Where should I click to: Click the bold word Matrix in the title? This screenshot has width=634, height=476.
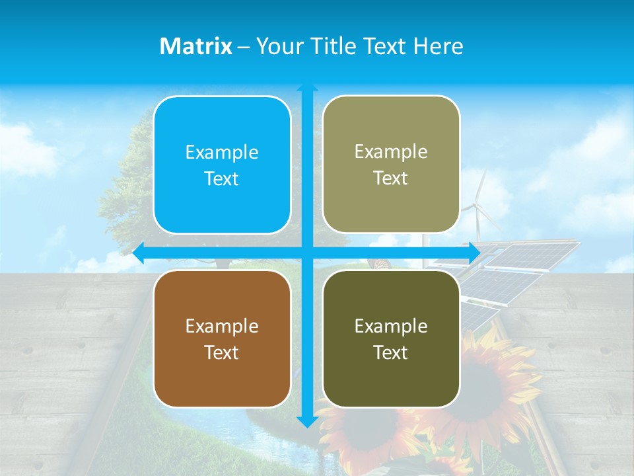click(196, 46)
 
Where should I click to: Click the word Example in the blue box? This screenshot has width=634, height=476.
click(222, 153)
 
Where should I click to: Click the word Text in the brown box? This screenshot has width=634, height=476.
click(222, 352)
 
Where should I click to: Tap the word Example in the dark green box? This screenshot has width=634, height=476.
click(391, 326)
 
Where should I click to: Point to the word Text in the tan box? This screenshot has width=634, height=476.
click(391, 178)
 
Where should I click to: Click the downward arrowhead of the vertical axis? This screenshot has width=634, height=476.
click(307, 421)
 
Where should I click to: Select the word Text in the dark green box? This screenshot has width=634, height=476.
click(391, 352)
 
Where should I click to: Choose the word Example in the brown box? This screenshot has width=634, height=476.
click(222, 326)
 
